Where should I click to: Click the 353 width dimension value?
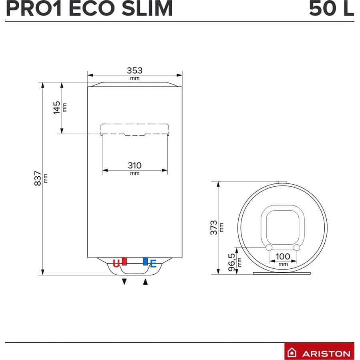135,70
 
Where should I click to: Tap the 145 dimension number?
57,107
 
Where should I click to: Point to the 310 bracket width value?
135,165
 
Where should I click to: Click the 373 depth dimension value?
214,227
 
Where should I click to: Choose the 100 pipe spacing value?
283,256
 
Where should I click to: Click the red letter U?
116,263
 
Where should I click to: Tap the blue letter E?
153,263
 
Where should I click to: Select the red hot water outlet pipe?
125,261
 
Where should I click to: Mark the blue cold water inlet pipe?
145,261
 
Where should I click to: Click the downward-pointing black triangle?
125,282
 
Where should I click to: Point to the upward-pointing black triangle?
145,282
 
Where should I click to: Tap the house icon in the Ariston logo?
293,353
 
